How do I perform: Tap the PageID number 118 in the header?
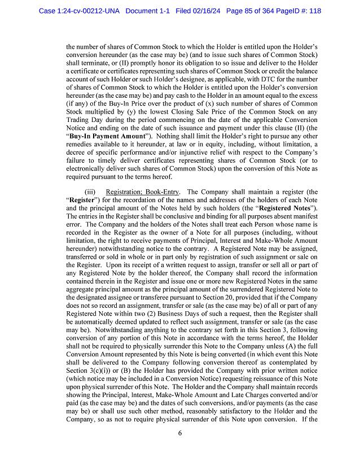(313, 11)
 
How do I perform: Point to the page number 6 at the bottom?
(179, 433)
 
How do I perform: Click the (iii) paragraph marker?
(89, 192)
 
